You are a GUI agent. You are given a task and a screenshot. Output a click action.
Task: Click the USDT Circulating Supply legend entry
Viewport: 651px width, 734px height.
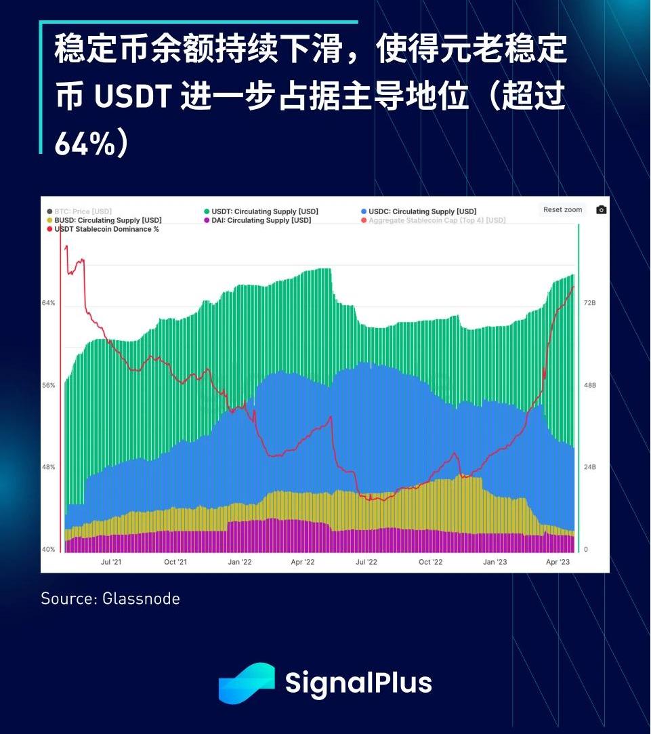click(x=264, y=211)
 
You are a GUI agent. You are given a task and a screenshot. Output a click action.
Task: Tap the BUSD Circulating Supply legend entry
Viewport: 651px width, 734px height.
click(x=108, y=220)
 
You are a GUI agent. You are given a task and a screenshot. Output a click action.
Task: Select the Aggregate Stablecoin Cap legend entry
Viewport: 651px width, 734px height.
click(x=437, y=220)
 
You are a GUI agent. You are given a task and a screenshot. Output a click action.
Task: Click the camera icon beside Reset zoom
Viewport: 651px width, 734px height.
click(x=601, y=210)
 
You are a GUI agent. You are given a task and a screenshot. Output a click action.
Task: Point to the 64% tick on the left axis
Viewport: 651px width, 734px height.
click(x=48, y=303)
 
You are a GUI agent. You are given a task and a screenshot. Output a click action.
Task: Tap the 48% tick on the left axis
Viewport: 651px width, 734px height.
click(x=48, y=467)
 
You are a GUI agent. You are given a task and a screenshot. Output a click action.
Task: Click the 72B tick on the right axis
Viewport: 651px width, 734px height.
click(x=589, y=303)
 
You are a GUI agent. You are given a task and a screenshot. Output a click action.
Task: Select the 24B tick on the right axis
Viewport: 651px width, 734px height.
click(x=589, y=467)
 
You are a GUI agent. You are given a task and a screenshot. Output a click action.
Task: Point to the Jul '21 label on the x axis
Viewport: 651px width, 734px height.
click(x=111, y=562)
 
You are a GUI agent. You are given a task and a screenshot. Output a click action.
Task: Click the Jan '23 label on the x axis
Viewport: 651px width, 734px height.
click(x=495, y=562)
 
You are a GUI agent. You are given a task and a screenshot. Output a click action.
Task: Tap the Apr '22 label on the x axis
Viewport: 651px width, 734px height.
click(x=303, y=562)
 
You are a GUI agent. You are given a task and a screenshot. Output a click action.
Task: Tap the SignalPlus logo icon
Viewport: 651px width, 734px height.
click(x=247, y=682)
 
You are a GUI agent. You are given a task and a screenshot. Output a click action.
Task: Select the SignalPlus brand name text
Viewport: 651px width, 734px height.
click(x=358, y=682)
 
